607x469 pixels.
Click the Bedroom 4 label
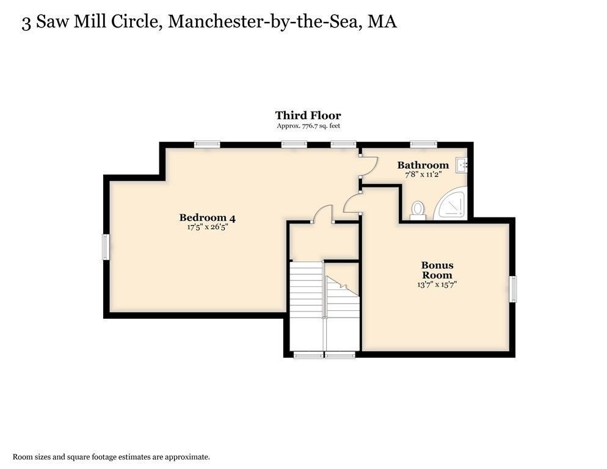(207, 217)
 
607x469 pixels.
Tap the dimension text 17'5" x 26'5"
(207, 227)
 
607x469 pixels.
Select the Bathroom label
(423, 165)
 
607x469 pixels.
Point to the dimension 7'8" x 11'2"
(423, 174)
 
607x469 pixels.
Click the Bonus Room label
(437, 270)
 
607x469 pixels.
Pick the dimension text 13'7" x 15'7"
(437, 284)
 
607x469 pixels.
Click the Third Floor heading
(308, 115)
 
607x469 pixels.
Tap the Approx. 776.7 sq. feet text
(308, 126)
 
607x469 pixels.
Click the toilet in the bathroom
(418, 209)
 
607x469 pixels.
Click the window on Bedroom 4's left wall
(106, 247)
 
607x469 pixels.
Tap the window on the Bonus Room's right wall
(512, 288)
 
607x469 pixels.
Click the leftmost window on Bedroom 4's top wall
(207, 145)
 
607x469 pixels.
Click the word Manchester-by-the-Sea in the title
(263, 22)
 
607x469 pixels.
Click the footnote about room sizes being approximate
(112, 456)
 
